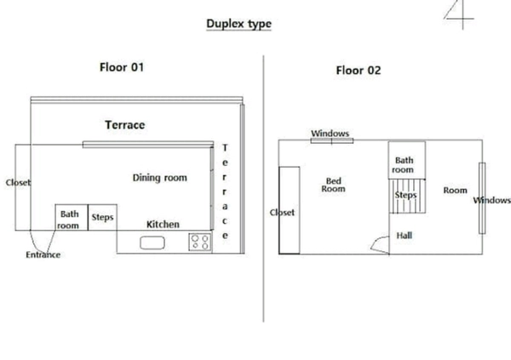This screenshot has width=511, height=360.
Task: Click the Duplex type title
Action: pos(238,24)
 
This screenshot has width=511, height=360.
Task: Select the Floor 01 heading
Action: pos(122,67)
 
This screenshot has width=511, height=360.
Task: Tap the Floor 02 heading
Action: pos(359,70)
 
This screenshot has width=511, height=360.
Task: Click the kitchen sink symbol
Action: pos(152,243)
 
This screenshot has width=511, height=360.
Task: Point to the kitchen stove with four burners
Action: pos(200,242)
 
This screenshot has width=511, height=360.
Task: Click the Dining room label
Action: pos(160,178)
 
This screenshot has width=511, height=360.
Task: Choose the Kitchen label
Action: pos(163,224)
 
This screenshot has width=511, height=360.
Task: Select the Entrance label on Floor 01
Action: pos(43,254)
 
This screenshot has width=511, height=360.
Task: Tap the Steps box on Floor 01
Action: pos(102,217)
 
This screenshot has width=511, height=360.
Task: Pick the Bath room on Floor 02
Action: pos(407,160)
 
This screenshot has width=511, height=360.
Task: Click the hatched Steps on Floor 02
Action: pos(407,196)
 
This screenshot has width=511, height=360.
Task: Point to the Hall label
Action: pos(404,235)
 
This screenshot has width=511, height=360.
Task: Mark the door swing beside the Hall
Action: pos(378,241)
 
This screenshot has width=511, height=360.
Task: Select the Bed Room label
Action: pos(333,185)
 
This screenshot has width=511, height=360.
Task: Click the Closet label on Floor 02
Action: pos(282,213)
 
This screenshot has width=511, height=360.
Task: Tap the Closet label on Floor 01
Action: pos(18,182)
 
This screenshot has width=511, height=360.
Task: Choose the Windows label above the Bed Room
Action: pos(330,134)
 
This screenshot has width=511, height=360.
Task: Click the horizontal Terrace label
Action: pos(125,125)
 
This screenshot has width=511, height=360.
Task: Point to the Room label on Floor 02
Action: pos(455,190)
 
